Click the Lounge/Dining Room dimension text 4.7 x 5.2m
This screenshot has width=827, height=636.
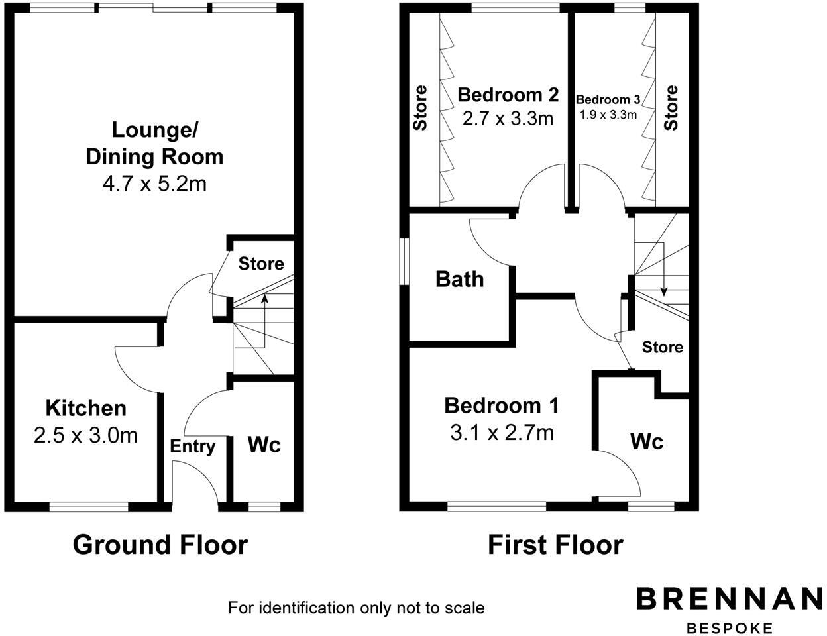click(x=154, y=184)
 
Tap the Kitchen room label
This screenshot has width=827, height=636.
click(x=85, y=407)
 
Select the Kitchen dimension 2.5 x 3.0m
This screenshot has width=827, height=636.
click(x=85, y=435)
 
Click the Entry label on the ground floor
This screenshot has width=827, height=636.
click(x=193, y=446)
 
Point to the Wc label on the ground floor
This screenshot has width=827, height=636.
click(x=264, y=445)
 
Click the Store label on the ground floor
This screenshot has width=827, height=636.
click(x=261, y=264)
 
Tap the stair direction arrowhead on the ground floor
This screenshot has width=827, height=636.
click(x=264, y=299)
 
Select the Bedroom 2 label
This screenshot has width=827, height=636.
click(x=508, y=94)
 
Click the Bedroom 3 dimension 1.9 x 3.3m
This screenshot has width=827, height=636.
click(x=608, y=114)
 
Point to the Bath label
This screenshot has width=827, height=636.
click(x=459, y=279)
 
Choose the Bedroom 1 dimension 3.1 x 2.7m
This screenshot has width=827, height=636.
click(x=502, y=433)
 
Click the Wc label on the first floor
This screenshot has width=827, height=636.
click(x=647, y=441)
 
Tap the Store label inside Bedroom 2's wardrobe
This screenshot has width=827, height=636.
click(x=420, y=107)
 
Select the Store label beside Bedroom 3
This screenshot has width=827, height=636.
click(x=671, y=107)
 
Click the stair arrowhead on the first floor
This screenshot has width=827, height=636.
click(x=664, y=292)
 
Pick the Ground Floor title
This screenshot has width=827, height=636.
click(x=160, y=545)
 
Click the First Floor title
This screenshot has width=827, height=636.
click(x=555, y=545)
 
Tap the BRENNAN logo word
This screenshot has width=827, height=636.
click(x=730, y=598)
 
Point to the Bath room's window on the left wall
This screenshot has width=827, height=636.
click(x=404, y=260)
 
